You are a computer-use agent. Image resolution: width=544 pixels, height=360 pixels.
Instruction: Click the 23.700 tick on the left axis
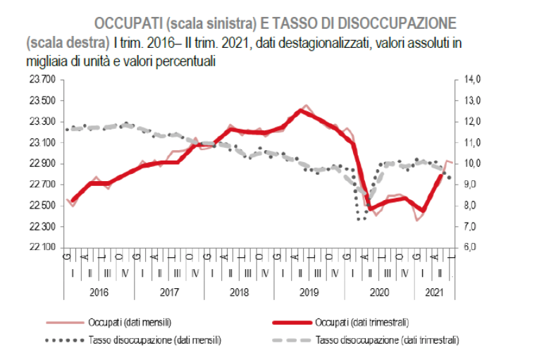tap(42, 80)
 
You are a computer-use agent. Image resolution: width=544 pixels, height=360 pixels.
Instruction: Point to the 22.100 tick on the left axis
tap(42, 247)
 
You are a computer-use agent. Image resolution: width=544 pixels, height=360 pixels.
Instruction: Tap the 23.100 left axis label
tap(42, 142)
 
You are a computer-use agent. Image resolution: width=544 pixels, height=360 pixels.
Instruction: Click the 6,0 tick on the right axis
tap(471, 247)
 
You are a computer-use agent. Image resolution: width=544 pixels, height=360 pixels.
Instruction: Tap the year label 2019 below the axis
tap(309, 292)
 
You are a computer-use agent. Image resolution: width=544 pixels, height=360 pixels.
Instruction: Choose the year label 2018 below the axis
tap(239, 292)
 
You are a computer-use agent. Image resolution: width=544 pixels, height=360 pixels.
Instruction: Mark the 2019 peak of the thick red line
tap(301, 110)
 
